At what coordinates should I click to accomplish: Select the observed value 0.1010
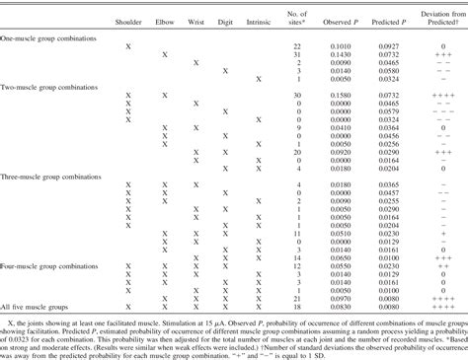[x=340, y=47]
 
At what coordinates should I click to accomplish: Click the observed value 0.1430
[x=340, y=56]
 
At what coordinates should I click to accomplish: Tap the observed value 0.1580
[x=340, y=93]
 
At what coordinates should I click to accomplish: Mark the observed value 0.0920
[x=340, y=156]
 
